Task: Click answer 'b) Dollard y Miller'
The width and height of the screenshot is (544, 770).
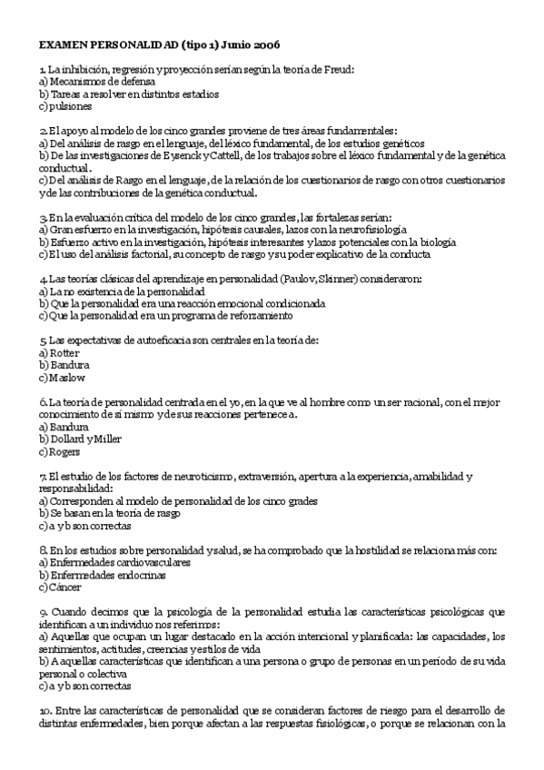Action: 81,439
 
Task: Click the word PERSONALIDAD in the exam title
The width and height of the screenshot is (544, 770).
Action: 133,44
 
